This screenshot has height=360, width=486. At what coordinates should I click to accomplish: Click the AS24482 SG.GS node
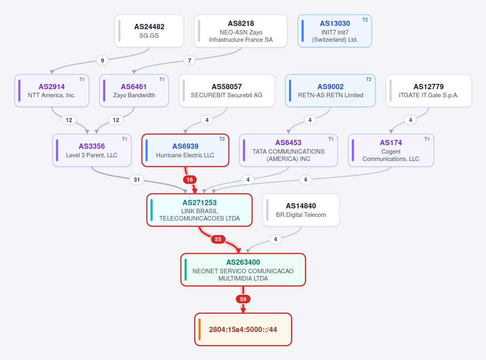pos(149,31)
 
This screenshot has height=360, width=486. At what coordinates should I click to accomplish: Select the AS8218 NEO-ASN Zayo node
pos(241,31)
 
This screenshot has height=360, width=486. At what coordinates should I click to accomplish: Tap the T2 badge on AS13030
pos(365,20)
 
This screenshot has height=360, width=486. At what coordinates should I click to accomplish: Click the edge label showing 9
pos(102,60)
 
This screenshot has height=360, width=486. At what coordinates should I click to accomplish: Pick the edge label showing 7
pos(189,60)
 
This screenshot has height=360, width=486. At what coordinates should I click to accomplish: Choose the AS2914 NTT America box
pos(52,90)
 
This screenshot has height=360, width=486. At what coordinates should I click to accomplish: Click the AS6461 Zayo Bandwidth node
pos(134,90)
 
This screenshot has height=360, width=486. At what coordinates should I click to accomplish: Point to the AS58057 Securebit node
pos(227,90)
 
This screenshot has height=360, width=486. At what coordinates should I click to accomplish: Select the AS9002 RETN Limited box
pos(330,90)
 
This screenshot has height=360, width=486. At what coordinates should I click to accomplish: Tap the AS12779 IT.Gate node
pos(429,90)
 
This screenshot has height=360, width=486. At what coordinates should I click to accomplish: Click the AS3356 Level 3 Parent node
pos(92,150)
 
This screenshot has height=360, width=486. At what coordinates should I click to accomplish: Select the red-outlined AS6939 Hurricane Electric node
pos(185,150)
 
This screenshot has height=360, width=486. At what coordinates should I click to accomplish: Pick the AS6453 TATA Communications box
pos(288,150)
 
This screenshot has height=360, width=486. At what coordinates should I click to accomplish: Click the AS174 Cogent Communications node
pos(391,150)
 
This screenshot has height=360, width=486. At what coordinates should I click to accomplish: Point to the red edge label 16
pos(190,180)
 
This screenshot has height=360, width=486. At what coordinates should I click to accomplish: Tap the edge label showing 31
pos(137,180)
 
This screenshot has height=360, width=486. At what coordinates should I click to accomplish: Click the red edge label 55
pos(218,239)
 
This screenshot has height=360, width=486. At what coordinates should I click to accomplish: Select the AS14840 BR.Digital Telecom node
pos(301,210)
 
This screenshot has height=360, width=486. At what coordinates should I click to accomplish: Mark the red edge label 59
pos(243,299)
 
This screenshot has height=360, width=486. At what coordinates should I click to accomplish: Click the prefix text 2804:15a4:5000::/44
pos(243,330)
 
